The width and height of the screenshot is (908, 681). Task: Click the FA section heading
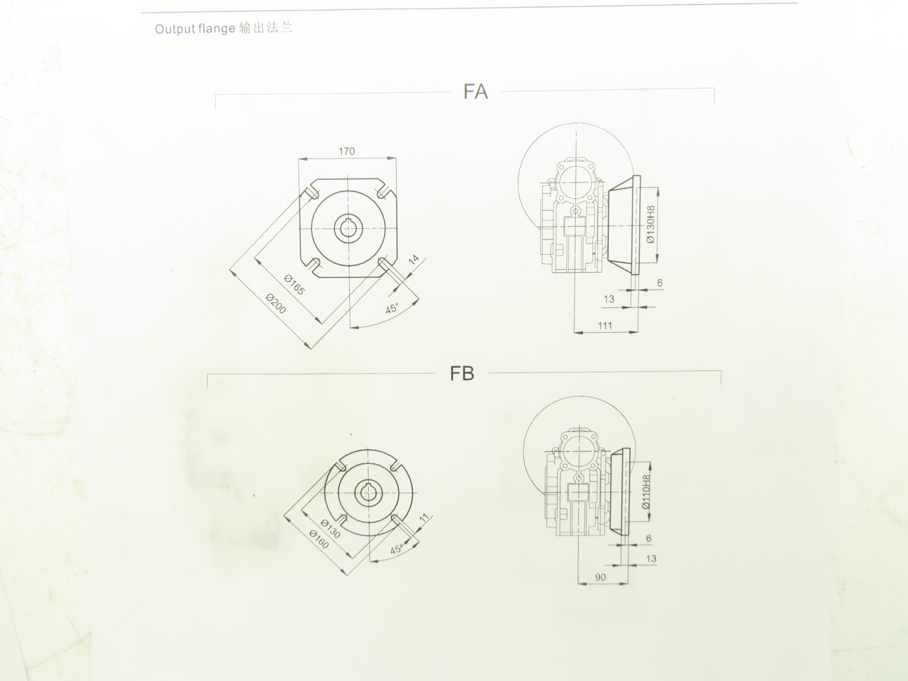point(475,91)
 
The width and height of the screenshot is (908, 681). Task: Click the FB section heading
point(462,373)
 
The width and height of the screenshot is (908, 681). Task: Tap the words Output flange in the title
point(195,29)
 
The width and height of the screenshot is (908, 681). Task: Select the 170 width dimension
point(347,151)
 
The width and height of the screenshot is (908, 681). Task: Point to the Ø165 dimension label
point(295,285)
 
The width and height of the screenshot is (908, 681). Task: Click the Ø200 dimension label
point(276,303)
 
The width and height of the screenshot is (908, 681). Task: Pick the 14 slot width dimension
point(413,259)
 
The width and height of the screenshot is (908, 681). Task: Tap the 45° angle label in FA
point(391,308)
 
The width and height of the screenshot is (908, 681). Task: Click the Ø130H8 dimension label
point(650,224)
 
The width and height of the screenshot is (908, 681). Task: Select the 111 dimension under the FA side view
point(604,326)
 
